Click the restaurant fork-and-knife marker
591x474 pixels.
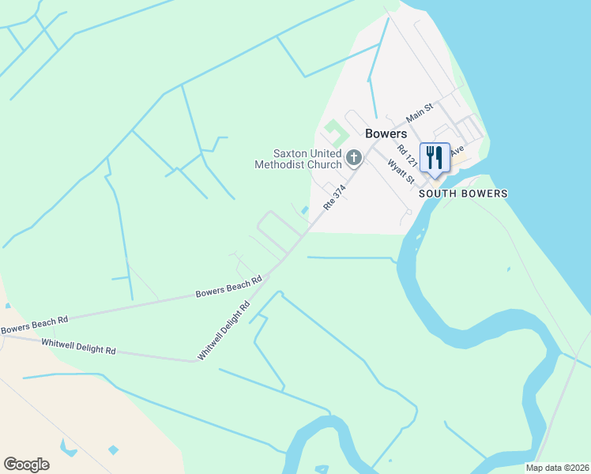[x=435, y=157]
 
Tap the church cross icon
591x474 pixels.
[x=354, y=158]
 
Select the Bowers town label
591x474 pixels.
[x=386, y=134]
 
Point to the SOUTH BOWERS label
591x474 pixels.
[x=463, y=194]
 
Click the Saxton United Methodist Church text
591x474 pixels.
[x=297, y=159]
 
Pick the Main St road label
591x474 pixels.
[x=420, y=112]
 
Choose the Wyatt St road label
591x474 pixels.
[x=401, y=171]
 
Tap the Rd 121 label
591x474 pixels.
[x=407, y=154]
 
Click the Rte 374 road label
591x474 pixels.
[x=334, y=197]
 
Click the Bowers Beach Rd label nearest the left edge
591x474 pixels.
[x=34, y=324]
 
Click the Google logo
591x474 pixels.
[x=26, y=465]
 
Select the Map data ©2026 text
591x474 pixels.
[x=556, y=468]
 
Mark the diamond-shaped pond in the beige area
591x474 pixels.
[x=113, y=450]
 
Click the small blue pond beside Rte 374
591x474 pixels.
[x=304, y=210]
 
